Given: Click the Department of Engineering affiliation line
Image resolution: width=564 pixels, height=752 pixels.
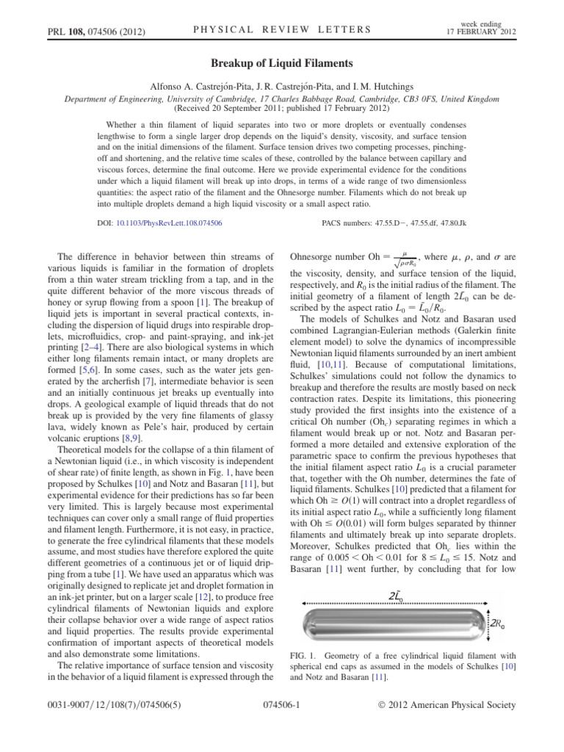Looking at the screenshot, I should point(282,98).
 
